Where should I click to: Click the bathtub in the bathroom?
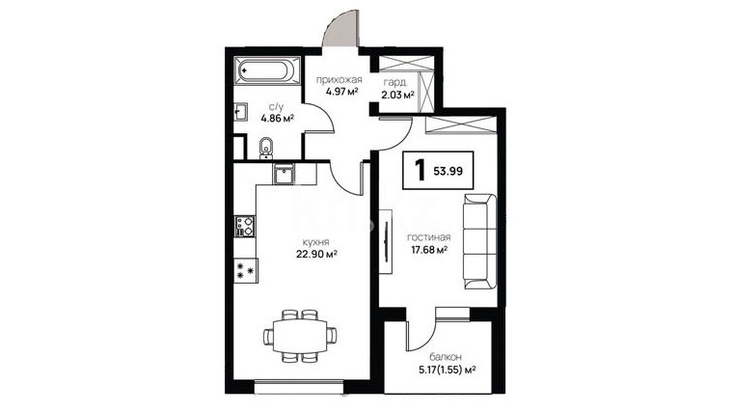pos(266,71)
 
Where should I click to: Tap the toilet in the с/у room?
pos(266,148)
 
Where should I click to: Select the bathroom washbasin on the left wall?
pos(240,112)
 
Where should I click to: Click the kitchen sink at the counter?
pos(284,174)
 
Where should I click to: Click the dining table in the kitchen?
pos(299,336)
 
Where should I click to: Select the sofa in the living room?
pos(479,242)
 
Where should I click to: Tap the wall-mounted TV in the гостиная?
pos(386,241)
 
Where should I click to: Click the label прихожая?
pos(339,79)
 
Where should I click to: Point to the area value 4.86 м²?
pos(277,118)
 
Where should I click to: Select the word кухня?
pos(316,242)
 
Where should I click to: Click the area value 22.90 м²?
pos(316,254)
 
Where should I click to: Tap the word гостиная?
pos(428,237)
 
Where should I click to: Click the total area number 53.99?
pos(448,171)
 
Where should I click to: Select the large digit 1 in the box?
pos(421,170)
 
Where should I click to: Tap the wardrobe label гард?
pos(395,83)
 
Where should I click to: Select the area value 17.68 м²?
pos(429,250)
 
